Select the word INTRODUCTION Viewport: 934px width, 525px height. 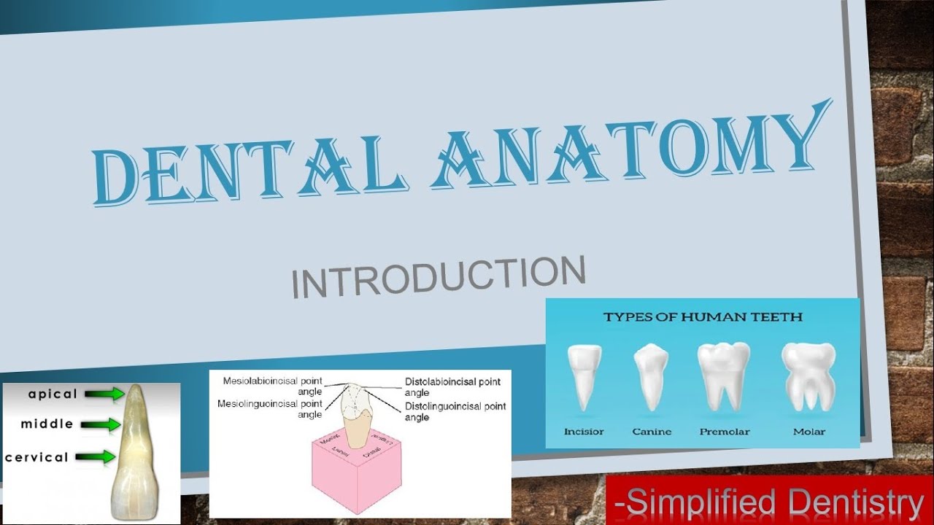point(438,277)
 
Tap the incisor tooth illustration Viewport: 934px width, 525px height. point(584,376)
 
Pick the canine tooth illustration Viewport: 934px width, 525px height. point(651,376)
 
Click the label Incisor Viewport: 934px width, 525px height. point(584,432)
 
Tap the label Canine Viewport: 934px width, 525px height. point(652,432)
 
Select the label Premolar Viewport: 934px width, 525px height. point(725,432)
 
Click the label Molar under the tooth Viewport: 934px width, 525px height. point(809,432)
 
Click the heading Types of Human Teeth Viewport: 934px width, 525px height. point(702,317)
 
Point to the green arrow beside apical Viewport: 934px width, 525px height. point(104,394)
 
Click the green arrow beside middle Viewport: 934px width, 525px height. point(101,424)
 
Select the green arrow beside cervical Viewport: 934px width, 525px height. point(95,457)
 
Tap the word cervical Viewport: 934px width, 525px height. point(36,458)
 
